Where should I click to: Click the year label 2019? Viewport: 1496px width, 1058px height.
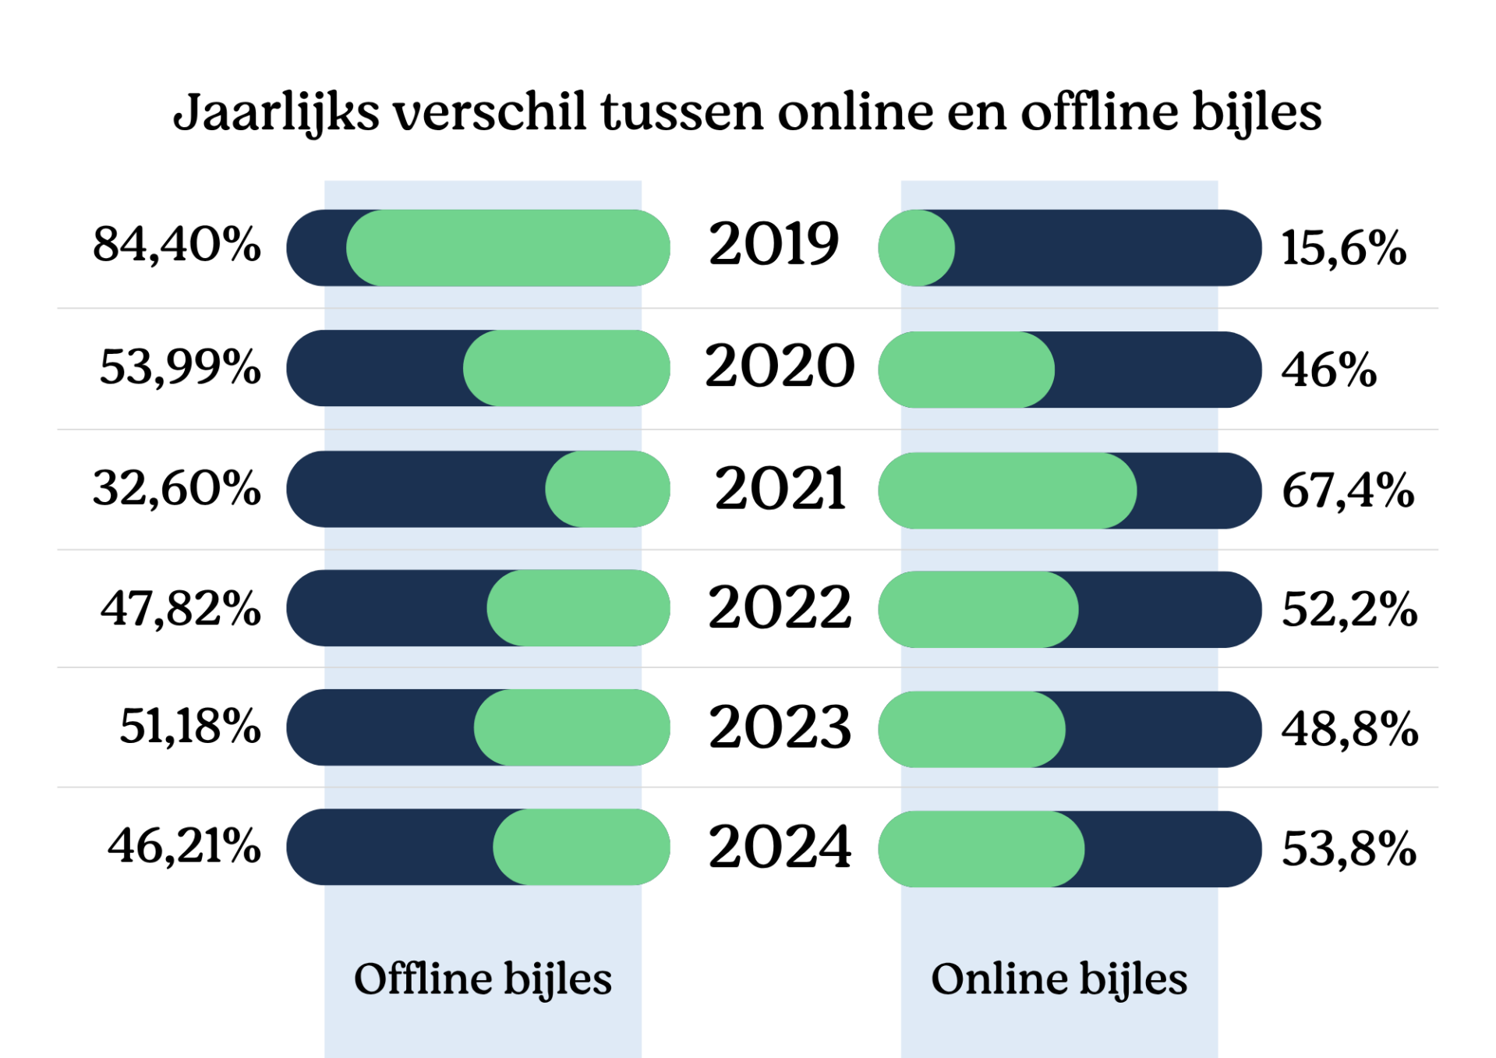[773, 244]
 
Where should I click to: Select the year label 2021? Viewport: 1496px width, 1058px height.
[780, 489]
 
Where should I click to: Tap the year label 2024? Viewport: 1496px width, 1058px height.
[780, 847]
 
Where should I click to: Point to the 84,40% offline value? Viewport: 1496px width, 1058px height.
[177, 244]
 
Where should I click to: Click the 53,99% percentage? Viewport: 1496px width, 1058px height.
[180, 366]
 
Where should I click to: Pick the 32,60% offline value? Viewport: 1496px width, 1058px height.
[177, 489]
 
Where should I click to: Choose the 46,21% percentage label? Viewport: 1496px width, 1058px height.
[184, 846]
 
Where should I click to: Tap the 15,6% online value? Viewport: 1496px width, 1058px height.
[1344, 249]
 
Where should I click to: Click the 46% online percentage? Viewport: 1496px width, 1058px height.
[1329, 370]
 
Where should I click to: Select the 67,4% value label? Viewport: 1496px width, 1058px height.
[1348, 491]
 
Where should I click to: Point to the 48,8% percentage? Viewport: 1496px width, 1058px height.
[1349, 730]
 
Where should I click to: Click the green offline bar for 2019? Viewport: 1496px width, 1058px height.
[508, 248]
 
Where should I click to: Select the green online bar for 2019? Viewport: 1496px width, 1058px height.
[917, 248]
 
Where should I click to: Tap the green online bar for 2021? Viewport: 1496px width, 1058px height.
[1007, 490]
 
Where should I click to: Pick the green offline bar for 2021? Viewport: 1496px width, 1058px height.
[607, 489]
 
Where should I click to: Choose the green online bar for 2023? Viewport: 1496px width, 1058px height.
[972, 729]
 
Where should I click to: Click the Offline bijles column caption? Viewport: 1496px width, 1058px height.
[483, 979]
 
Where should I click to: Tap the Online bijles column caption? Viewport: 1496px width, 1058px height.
[1059, 979]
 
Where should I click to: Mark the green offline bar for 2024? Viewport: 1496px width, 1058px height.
[582, 847]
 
